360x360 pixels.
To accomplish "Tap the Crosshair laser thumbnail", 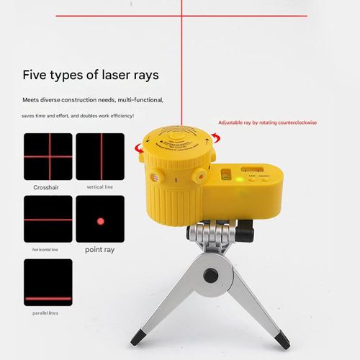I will tap(48, 156).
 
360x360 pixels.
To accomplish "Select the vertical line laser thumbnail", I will tap(100, 156).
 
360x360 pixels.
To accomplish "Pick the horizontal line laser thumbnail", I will tap(48, 219).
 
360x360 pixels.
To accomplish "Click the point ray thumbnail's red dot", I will tap(100, 219).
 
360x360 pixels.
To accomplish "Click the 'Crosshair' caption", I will tap(47, 187).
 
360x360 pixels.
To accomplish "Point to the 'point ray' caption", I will tap(100, 249).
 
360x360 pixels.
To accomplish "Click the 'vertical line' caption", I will tap(99, 187).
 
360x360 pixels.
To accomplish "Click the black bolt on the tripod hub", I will tap(212, 275).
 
